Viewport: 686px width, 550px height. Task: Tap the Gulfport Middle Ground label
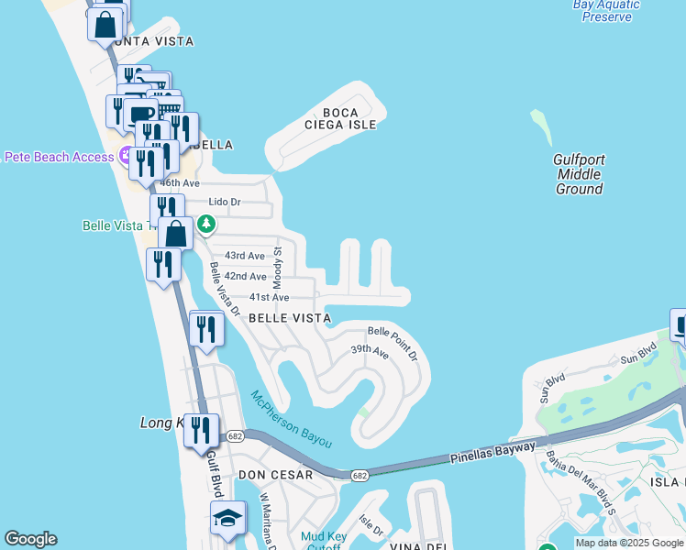[580, 174]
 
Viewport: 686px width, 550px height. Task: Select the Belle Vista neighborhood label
[290, 318]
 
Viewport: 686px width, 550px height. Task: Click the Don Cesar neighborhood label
[275, 475]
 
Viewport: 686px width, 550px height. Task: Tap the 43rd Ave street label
[245, 256]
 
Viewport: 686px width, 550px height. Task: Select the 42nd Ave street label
[245, 276]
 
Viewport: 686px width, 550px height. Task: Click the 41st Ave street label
[269, 297]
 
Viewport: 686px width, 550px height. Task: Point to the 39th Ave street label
[371, 351]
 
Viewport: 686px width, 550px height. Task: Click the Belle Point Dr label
[393, 341]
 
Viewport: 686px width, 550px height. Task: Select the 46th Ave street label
[180, 183]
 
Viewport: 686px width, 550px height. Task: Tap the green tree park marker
[207, 224]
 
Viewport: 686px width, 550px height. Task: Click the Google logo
[30, 539]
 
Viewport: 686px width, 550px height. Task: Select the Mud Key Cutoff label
[321, 542]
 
